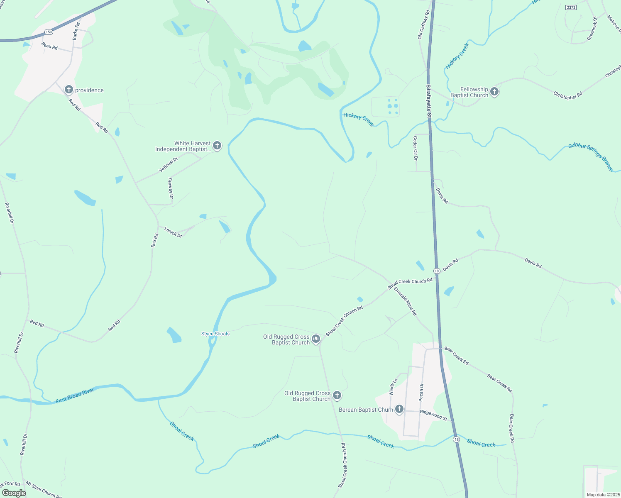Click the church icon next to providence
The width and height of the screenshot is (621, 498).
point(69,90)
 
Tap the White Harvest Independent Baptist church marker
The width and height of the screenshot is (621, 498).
point(217,146)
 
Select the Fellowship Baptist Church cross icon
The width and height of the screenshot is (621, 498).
point(494,92)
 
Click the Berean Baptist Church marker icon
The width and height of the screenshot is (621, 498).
point(399,410)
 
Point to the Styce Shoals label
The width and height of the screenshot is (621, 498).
point(215,334)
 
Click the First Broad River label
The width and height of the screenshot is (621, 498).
point(75,395)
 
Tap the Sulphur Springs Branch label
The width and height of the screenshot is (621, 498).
point(591,156)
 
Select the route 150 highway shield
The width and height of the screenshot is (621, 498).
point(49,32)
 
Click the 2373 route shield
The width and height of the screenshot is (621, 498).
point(571,7)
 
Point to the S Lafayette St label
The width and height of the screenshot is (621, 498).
point(428,102)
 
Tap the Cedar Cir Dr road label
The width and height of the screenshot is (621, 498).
point(415,148)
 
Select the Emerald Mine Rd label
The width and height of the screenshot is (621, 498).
point(405,301)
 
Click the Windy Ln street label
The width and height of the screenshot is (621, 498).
point(393,386)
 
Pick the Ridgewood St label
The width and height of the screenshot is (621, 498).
point(433,415)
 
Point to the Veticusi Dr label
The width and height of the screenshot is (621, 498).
point(168,164)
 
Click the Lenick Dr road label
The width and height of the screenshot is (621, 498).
point(173,232)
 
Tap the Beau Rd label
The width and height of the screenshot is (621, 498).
point(49,46)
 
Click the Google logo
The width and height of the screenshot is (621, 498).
point(14,493)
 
